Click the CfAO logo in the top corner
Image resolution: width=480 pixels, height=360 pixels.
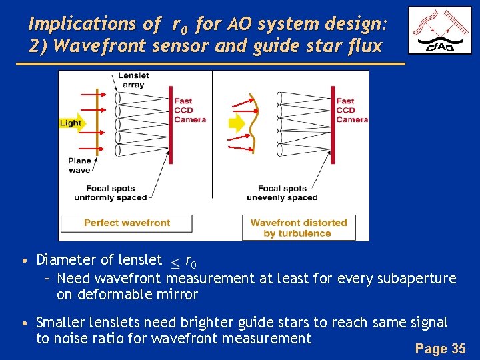(x=439, y=30)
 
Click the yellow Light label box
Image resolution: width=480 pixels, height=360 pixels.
(x=71, y=123)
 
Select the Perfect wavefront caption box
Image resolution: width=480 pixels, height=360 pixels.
(x=127, y=223)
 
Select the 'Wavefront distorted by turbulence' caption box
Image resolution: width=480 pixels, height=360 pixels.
(x=298, y=228)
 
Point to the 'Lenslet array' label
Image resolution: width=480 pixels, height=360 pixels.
(x=133, y=80)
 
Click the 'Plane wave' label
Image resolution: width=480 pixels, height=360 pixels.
(x=79, y=165)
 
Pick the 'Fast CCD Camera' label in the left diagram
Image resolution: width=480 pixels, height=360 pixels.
(x=189, y=110)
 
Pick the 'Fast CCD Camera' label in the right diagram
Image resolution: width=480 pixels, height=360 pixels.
(x=352, y=110)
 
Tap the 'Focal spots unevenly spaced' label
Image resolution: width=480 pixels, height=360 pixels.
(x=282, y=193)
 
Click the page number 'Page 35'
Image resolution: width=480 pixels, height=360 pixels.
(x=440, y=348)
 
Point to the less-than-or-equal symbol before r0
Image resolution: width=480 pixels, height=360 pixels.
(x=175, y=261)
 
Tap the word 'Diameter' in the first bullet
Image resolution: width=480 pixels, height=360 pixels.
(x=65, y=259)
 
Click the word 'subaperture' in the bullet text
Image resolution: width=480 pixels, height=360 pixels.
(x=415, y=278)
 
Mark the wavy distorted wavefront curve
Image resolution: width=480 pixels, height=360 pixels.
(x=254, y=123)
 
